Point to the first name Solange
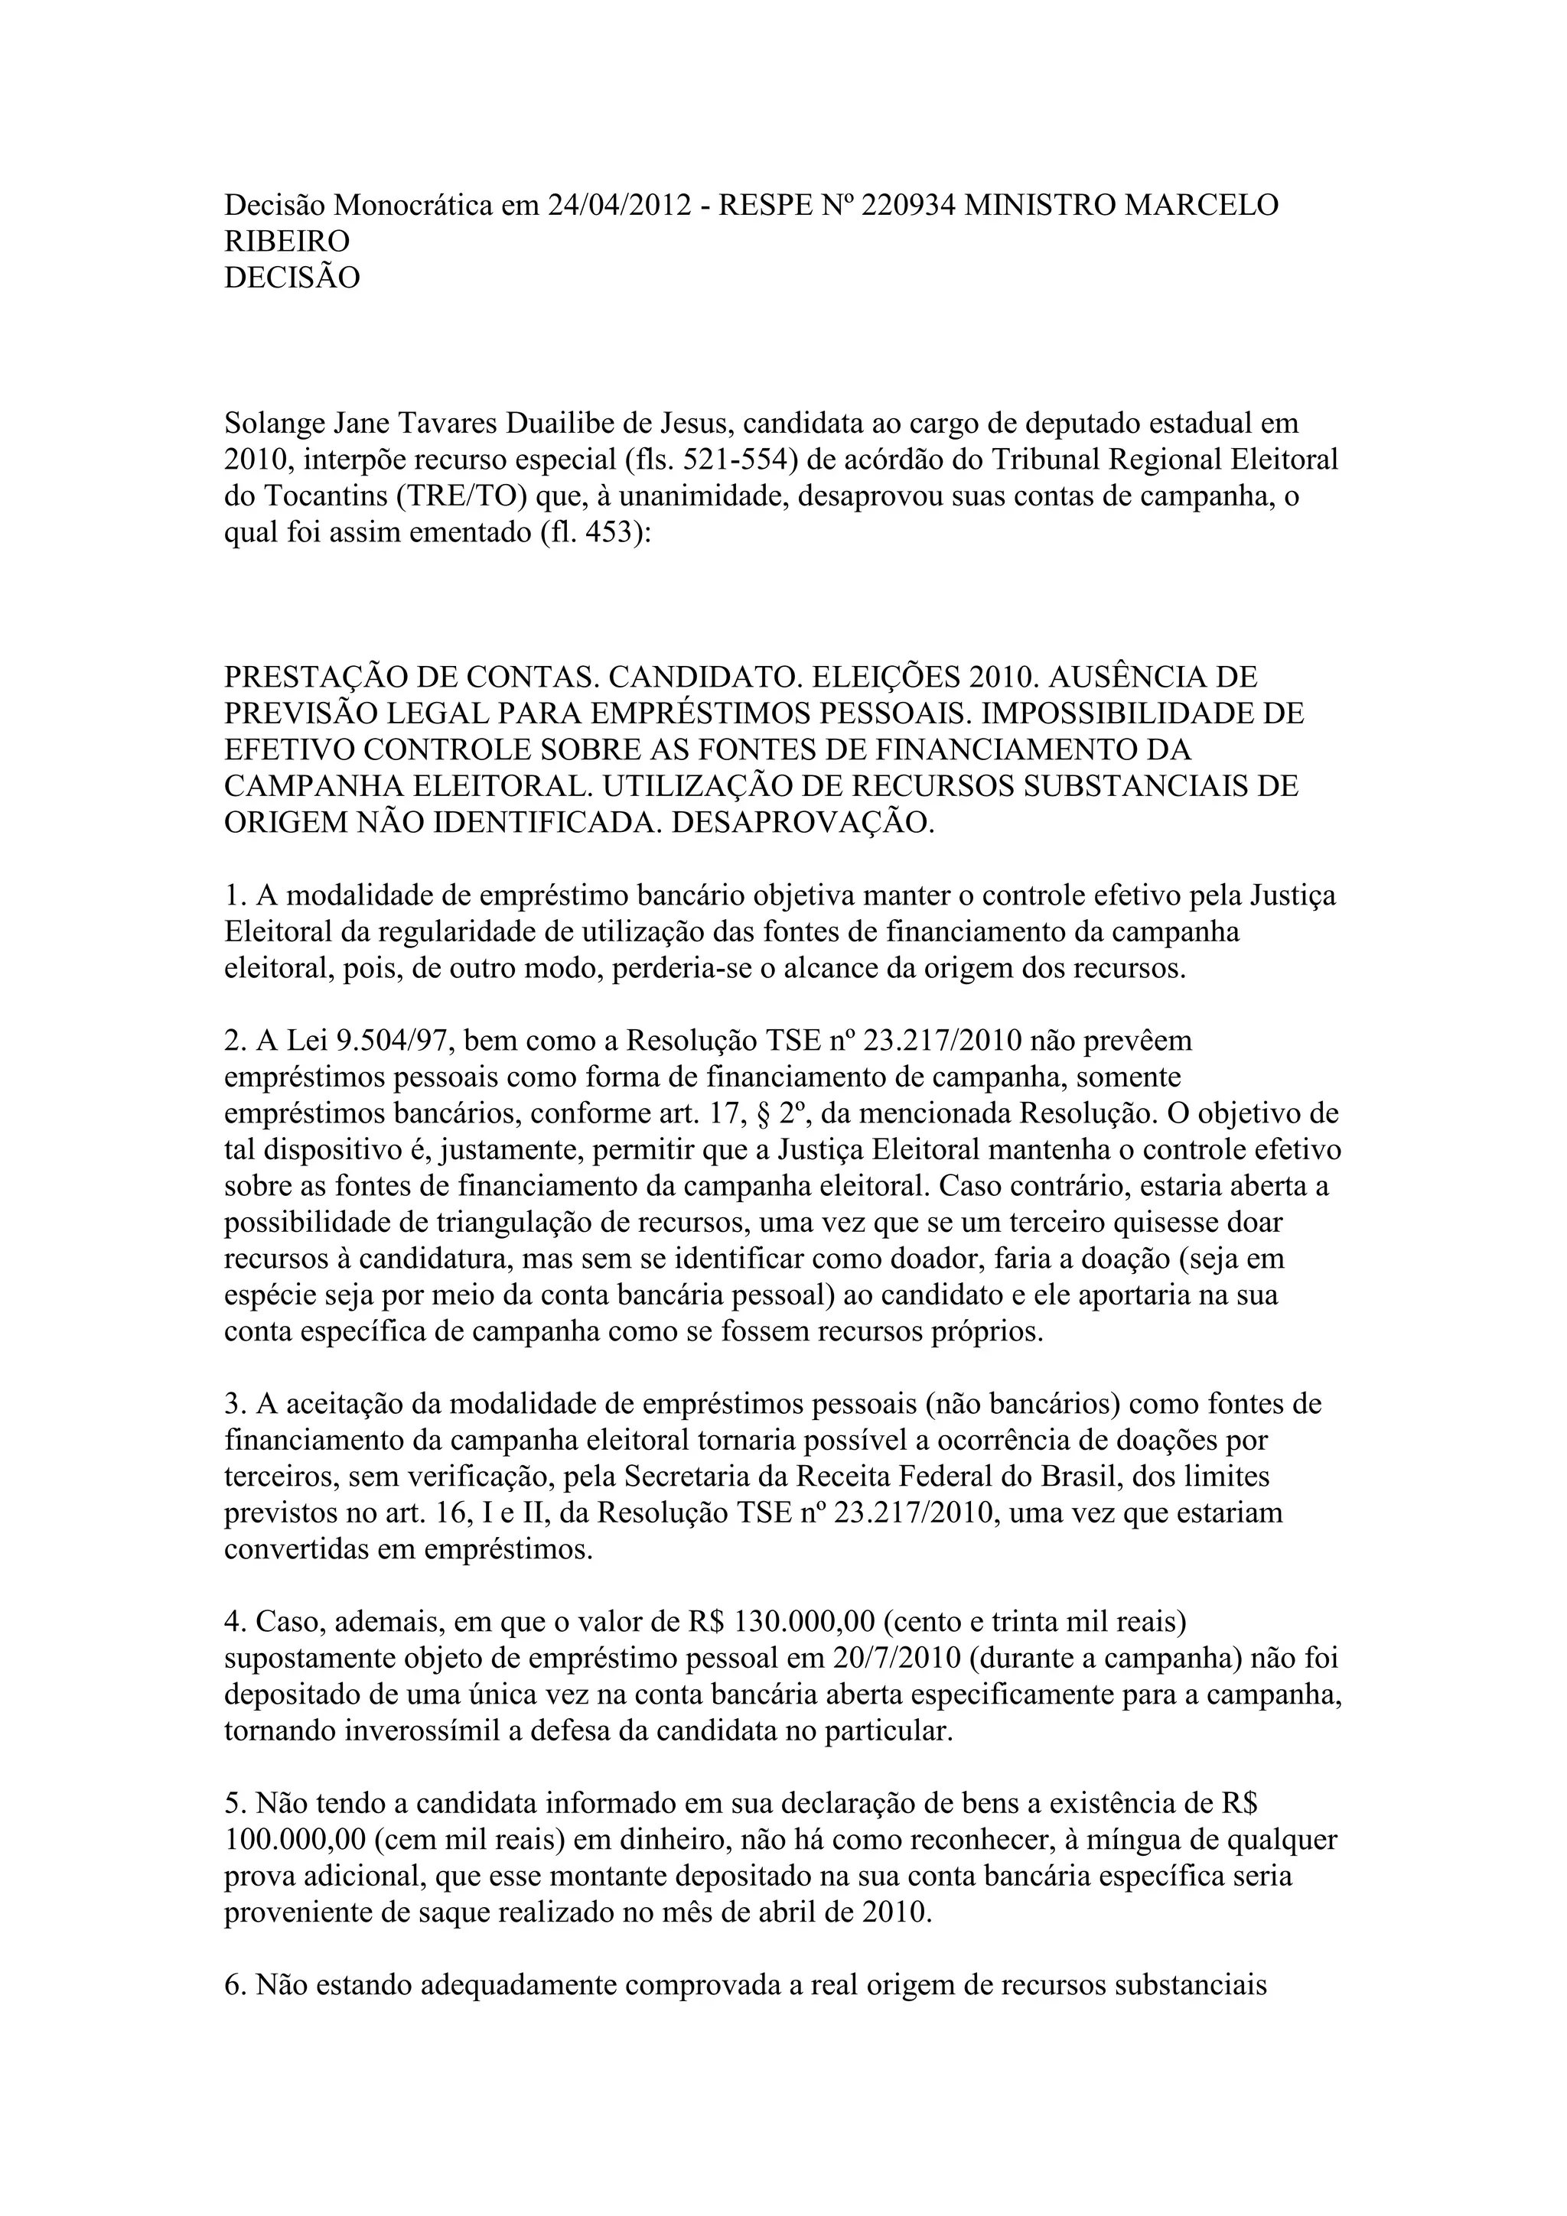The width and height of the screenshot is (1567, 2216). click(274, 424)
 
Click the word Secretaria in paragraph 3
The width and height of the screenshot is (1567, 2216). click(696, 1477)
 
